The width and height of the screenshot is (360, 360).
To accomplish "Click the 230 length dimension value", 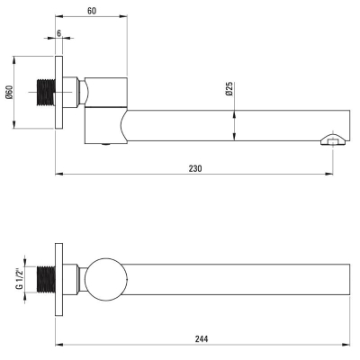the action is [195, 168].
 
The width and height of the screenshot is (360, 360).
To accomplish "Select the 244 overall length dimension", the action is [202, 339].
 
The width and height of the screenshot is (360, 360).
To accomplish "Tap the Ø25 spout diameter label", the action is [229, 89].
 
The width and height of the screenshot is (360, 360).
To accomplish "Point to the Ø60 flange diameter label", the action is [9, 92].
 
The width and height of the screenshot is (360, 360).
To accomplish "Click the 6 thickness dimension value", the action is [58, 33].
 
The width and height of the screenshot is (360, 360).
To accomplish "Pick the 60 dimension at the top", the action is [92, 11].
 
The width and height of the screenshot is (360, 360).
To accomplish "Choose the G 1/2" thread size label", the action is [20, 279].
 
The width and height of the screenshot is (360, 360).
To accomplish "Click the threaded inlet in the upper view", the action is [46, 92].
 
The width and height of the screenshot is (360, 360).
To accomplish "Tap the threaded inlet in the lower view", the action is [46, 279].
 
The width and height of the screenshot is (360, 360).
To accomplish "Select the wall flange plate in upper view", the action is [58, 92].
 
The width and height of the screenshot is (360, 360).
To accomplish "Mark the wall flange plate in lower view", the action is [58, 279].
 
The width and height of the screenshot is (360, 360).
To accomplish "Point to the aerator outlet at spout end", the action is [333, 139].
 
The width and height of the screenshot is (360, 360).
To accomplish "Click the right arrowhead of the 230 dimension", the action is [329, 174].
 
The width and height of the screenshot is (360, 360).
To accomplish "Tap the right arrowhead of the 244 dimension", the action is [346, 345].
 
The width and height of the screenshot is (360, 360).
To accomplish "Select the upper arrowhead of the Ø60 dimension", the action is [14, 59].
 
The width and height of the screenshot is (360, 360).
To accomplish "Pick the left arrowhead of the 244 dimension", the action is [59, 345].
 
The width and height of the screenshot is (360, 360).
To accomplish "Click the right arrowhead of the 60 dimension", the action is [123, 16].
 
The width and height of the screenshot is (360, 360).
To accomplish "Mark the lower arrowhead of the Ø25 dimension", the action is [234, 137].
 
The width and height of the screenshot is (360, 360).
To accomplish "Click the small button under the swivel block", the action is [106, 145].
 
